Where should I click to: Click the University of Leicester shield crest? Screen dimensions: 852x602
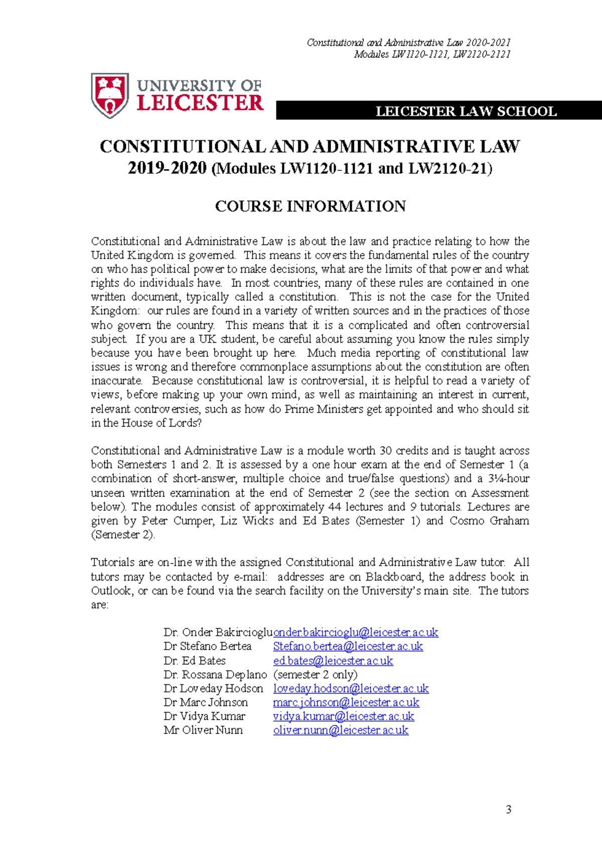coord(109,95)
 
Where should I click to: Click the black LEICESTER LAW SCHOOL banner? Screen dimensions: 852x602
coord(439,111)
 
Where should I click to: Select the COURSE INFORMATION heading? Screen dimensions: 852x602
coord(310,206)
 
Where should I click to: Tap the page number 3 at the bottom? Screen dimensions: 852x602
coord(509,809)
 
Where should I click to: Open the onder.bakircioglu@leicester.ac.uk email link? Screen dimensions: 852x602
coord(356,633)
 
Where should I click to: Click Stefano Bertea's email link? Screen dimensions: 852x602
coord(348,647)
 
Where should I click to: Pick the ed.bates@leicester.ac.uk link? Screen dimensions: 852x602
coord(333,661)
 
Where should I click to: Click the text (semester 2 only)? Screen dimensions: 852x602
coord(315,675)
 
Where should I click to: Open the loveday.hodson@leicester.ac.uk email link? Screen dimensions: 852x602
coord(351,689)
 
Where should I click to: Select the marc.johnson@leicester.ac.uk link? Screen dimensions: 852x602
coord(346,702)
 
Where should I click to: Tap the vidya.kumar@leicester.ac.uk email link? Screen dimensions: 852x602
coord(343,716)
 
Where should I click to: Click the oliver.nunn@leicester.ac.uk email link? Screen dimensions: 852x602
coord(341,731)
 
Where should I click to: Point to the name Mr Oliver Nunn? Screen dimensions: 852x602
coord(203,731)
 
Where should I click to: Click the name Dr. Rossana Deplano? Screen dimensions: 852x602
coord(215,675)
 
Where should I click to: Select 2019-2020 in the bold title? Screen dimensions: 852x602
coord(167,168)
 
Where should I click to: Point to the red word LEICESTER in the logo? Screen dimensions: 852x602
coord(200,104)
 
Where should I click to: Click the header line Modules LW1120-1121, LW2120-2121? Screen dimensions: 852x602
coord(432,54)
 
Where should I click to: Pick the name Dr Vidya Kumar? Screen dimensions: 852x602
coord(204,716)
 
